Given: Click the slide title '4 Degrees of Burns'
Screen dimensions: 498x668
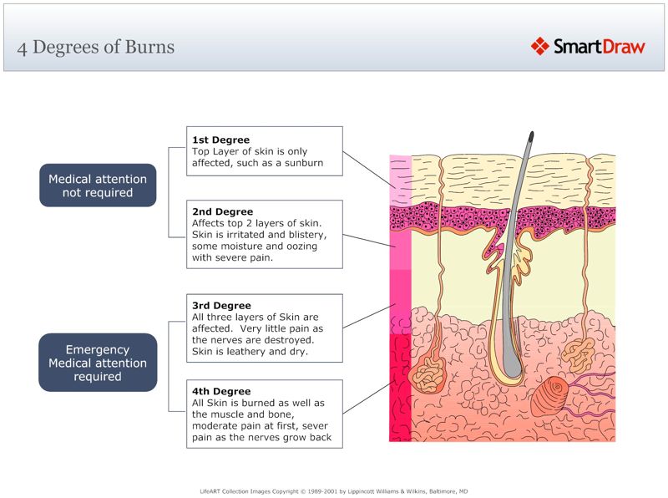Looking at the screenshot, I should (x=96, y=47).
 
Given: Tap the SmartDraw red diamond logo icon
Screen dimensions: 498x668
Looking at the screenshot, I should (x=539, y=46).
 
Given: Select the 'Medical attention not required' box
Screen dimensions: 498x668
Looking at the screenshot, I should (x=98, y=185).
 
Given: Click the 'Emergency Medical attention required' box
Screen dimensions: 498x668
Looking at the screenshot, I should (x=98, y=363).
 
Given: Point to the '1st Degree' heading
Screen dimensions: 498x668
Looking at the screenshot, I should (x=220, y=140).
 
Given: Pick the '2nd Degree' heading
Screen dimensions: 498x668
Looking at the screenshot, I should (x=222, y=212).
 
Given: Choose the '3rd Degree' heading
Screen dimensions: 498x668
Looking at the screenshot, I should (x=221, y=306).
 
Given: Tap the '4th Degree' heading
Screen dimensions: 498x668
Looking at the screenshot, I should (x=221, y=392).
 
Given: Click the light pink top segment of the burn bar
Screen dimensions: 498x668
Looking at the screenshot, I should (x=400, y=180).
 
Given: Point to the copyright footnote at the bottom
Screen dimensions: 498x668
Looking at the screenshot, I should (x=333, y=491).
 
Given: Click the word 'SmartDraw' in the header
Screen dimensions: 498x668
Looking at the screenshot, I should (x=599, y=47).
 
